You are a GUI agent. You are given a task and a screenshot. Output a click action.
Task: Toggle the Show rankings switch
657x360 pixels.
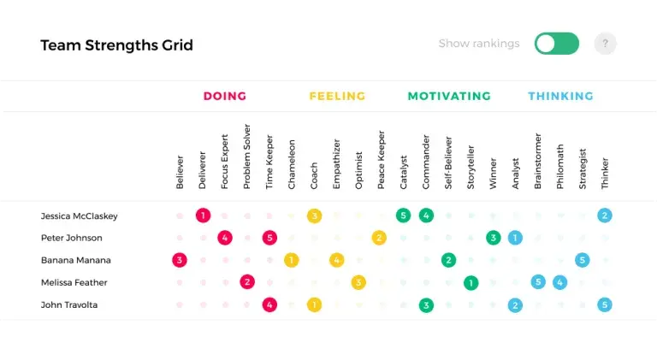click(x=556, y=44)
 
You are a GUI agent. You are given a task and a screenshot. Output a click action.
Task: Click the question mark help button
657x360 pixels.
click(x=605, y=44)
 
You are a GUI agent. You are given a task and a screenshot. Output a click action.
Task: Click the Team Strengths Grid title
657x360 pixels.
click(x=116, y=45)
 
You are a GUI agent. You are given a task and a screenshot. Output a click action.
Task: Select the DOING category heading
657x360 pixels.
click(x=225, y=97)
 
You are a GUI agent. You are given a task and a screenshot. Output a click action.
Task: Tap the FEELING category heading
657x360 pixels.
click(x=337, y=97)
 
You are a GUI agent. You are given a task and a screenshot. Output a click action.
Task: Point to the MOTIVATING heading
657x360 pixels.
click(x=449, y=97)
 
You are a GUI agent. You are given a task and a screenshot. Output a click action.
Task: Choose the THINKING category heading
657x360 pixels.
click(x=560, y=97)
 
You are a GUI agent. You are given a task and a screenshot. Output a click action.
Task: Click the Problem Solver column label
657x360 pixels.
click(x=246, y=156)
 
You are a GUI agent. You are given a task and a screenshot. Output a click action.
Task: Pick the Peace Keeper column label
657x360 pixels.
click(x=381, y=160)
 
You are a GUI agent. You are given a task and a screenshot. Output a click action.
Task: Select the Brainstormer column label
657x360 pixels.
click(x=538, y=161)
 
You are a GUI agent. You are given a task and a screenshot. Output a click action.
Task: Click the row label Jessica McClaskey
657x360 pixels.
click(x=80, y=216)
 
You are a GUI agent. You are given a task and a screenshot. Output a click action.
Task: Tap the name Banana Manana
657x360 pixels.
click(x=76, y=260)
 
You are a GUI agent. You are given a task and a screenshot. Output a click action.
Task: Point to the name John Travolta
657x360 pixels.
click(x=69, y=304)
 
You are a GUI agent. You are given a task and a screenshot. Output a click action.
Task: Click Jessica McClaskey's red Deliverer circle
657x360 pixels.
click(x=203, y=215)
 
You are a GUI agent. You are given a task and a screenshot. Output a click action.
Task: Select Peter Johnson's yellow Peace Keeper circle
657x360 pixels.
click(x=379, y=238)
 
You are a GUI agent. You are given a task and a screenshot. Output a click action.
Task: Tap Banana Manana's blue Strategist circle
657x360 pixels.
click(x=582, y=260)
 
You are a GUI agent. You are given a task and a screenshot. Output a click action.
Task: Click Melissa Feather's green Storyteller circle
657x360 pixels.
click(x=471, y=282)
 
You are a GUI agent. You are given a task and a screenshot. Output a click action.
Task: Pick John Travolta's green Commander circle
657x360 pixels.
click(x=426, y=305)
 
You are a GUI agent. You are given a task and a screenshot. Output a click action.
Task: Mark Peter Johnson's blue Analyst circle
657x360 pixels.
click(x=515, y=238)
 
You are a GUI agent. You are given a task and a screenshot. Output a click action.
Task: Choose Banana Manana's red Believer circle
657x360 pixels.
click(x=180, y=260)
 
